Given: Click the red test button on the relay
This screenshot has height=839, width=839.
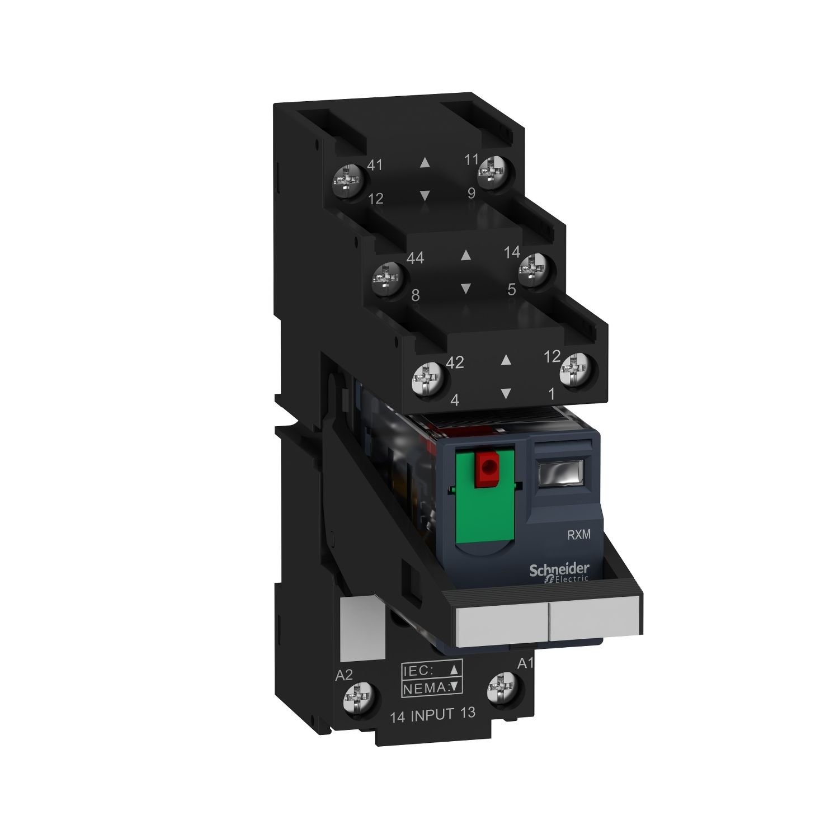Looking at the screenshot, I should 486,464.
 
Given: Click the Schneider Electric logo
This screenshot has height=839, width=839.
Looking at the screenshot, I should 559,572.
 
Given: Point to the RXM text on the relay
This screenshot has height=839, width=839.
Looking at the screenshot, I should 579,535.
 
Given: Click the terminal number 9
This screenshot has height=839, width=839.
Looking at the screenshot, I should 472,193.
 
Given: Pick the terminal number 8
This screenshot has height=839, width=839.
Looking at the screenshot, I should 415,295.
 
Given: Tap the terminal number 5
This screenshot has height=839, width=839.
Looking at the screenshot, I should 511,289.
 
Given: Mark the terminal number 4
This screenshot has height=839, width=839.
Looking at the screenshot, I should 455,400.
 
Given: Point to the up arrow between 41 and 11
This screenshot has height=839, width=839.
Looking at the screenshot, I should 425,163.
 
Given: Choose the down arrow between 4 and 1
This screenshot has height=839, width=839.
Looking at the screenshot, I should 506,394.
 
